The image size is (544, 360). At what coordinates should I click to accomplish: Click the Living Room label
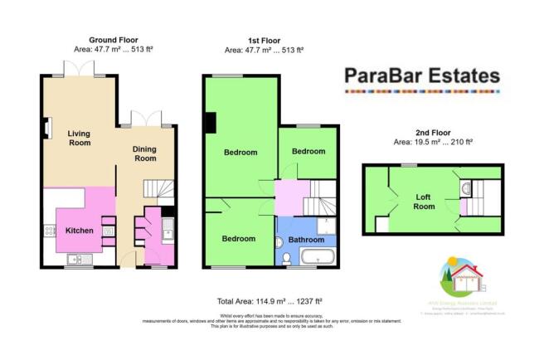pyautogui.click(x=79, y=139)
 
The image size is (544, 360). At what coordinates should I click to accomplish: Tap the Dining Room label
pyautogui.click(x=145, y=153)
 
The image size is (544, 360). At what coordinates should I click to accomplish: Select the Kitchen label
pyautogui.click(x=79, y=230)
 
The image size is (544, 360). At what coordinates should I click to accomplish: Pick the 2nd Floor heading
pyautogui.click(x=431, y=132)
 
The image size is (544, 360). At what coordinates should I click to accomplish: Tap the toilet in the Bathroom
pyautogui.click(x=287, y=257)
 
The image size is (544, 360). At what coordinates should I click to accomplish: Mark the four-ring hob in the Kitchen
pyautogui.click(x=48, y=227)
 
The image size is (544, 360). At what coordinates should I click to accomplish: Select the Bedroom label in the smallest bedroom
pyautogui.click(x=307, y=152)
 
